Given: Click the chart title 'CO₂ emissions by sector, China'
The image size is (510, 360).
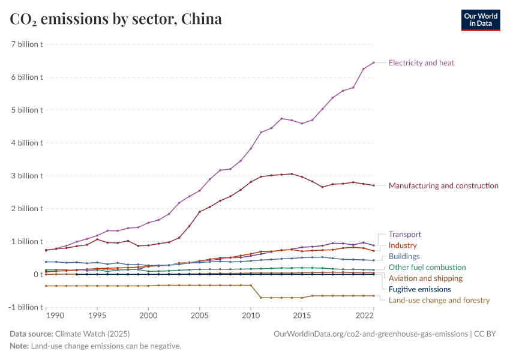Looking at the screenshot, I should pos(116,19).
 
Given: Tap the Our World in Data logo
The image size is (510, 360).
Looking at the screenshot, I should pos(481,19).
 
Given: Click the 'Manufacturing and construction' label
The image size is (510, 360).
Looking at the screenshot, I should pos(443,185).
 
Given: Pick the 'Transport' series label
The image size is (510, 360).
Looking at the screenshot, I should pos(405,235).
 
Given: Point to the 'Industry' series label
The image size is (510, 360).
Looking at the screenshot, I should pos(403,245).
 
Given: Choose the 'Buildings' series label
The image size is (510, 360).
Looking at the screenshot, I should pos(404,256).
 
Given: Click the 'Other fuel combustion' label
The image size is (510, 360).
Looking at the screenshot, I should pos(427,267).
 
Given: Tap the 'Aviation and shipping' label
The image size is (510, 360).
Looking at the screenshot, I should pos(425,278).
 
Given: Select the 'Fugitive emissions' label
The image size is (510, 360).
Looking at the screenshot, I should pos(420,289).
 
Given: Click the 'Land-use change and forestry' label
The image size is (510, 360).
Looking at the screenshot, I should pos(439,300).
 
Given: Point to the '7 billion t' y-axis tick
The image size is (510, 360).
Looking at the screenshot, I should pos(26,44).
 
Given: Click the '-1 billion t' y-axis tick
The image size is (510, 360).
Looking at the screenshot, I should pos(25,307).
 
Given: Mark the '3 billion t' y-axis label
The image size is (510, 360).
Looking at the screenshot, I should pos(26,176).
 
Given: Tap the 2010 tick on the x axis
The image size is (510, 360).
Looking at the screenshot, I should pos(251,315).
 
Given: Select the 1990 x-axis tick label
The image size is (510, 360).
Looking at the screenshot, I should pos(55,315).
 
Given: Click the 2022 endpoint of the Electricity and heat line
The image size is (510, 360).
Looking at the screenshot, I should pos(373,62).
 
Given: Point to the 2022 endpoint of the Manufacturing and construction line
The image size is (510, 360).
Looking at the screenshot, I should pos(373,185).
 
